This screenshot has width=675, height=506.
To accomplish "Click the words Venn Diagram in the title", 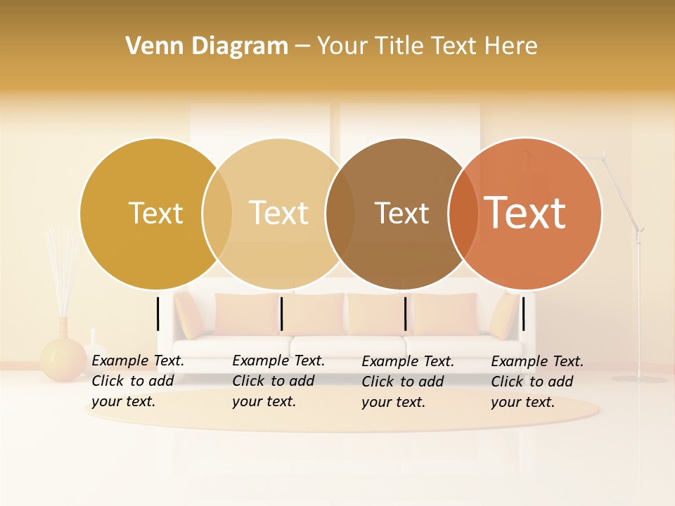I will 207,46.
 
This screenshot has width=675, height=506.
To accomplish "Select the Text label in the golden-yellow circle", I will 155,213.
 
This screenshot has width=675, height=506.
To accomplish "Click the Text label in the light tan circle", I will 279,213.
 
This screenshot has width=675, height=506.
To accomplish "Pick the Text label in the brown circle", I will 401,213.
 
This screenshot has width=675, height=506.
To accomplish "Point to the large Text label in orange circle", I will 525,212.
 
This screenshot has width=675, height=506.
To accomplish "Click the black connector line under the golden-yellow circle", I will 158,313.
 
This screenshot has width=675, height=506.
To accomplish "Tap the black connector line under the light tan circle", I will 281,313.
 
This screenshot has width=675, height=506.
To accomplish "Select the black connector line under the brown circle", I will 406,313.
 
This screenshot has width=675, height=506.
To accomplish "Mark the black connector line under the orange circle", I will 523,313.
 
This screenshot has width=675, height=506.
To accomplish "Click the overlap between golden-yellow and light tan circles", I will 217,213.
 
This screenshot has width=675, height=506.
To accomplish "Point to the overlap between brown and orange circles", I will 463,213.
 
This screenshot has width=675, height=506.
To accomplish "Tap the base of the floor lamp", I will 638,379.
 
